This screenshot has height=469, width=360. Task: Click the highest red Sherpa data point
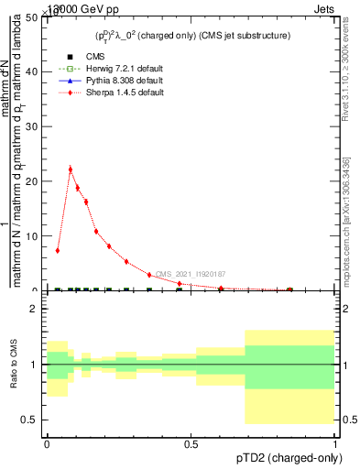click(x=71, y=169)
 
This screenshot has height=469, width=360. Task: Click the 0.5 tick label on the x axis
click(x=191, y=443)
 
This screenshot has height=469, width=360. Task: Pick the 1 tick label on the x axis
click(x=334, y=443)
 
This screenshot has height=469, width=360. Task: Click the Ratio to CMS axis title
click(x=14, y=364)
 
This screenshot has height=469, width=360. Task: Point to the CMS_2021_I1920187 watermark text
click(x=189, y=274)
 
